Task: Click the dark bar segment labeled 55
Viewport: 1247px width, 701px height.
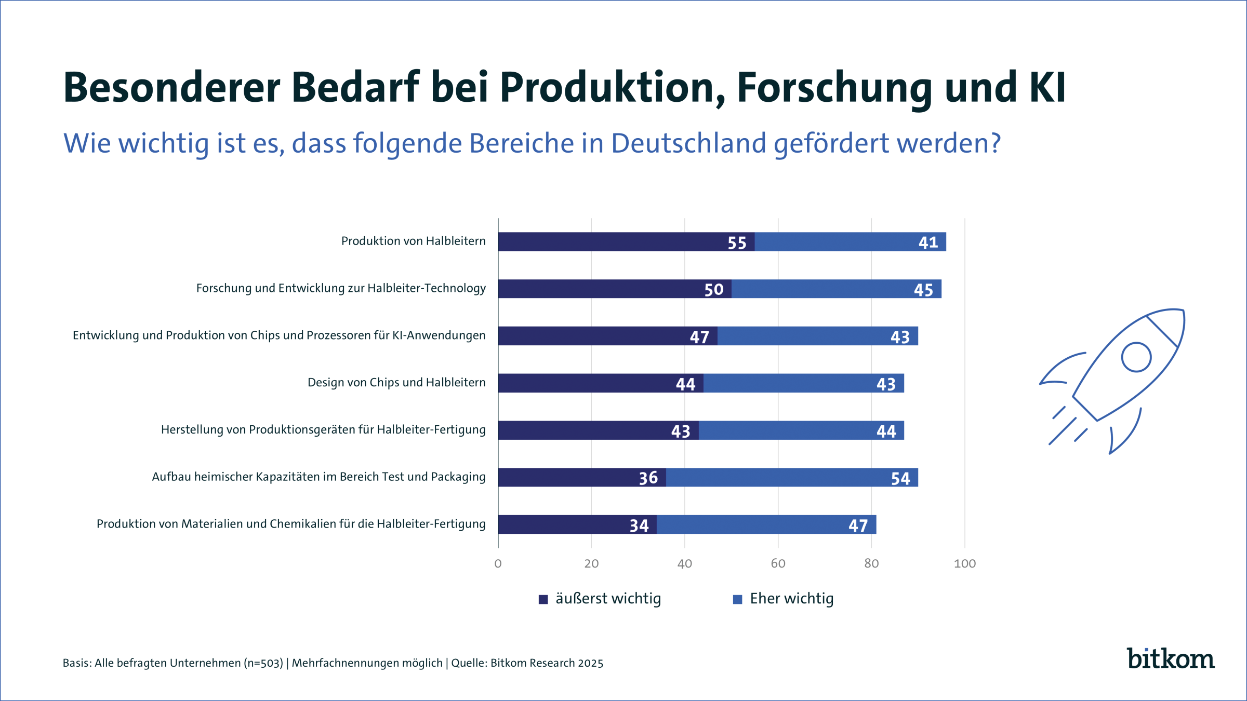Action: pyautogui.click(x=626, y=242)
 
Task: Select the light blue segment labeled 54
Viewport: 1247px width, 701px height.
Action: pyautogui.click(x=792, y=477)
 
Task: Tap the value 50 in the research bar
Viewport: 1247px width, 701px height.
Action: pyautogui.click(x=714, y=290)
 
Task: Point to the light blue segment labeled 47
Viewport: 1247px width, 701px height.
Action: pyautogui.click(x=766, y=524)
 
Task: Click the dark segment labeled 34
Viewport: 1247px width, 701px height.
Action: pyautogui.click(x=577, y=524)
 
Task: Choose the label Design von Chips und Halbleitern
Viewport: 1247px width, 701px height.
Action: pyautogui.click(x=396, y=383)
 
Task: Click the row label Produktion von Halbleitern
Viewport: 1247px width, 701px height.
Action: pyautogui.click(x=413, y=241)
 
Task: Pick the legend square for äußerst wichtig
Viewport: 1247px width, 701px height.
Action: pyautogui.click(x=543, y=599)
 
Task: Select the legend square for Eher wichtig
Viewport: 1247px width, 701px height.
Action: pyautogui.click(x=737, y=599)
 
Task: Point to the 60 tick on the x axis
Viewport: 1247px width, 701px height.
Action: pyautogui.click(x=778, y=563)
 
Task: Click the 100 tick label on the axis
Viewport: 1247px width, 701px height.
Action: pyautogui.click(x=964, y=563)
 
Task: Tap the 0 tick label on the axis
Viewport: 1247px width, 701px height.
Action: pyautogui.click(x=498, y=563)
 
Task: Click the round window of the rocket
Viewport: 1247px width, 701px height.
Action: pyautogui.click(x=1136, y=357)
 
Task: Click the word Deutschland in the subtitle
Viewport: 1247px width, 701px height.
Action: pyautogui.click(x=688, y=143)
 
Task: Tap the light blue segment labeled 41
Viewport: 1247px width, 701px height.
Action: pyautogui.click(x=850, y=242)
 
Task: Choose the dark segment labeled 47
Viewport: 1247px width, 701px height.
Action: pyautogui.click(x=607, y=336)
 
